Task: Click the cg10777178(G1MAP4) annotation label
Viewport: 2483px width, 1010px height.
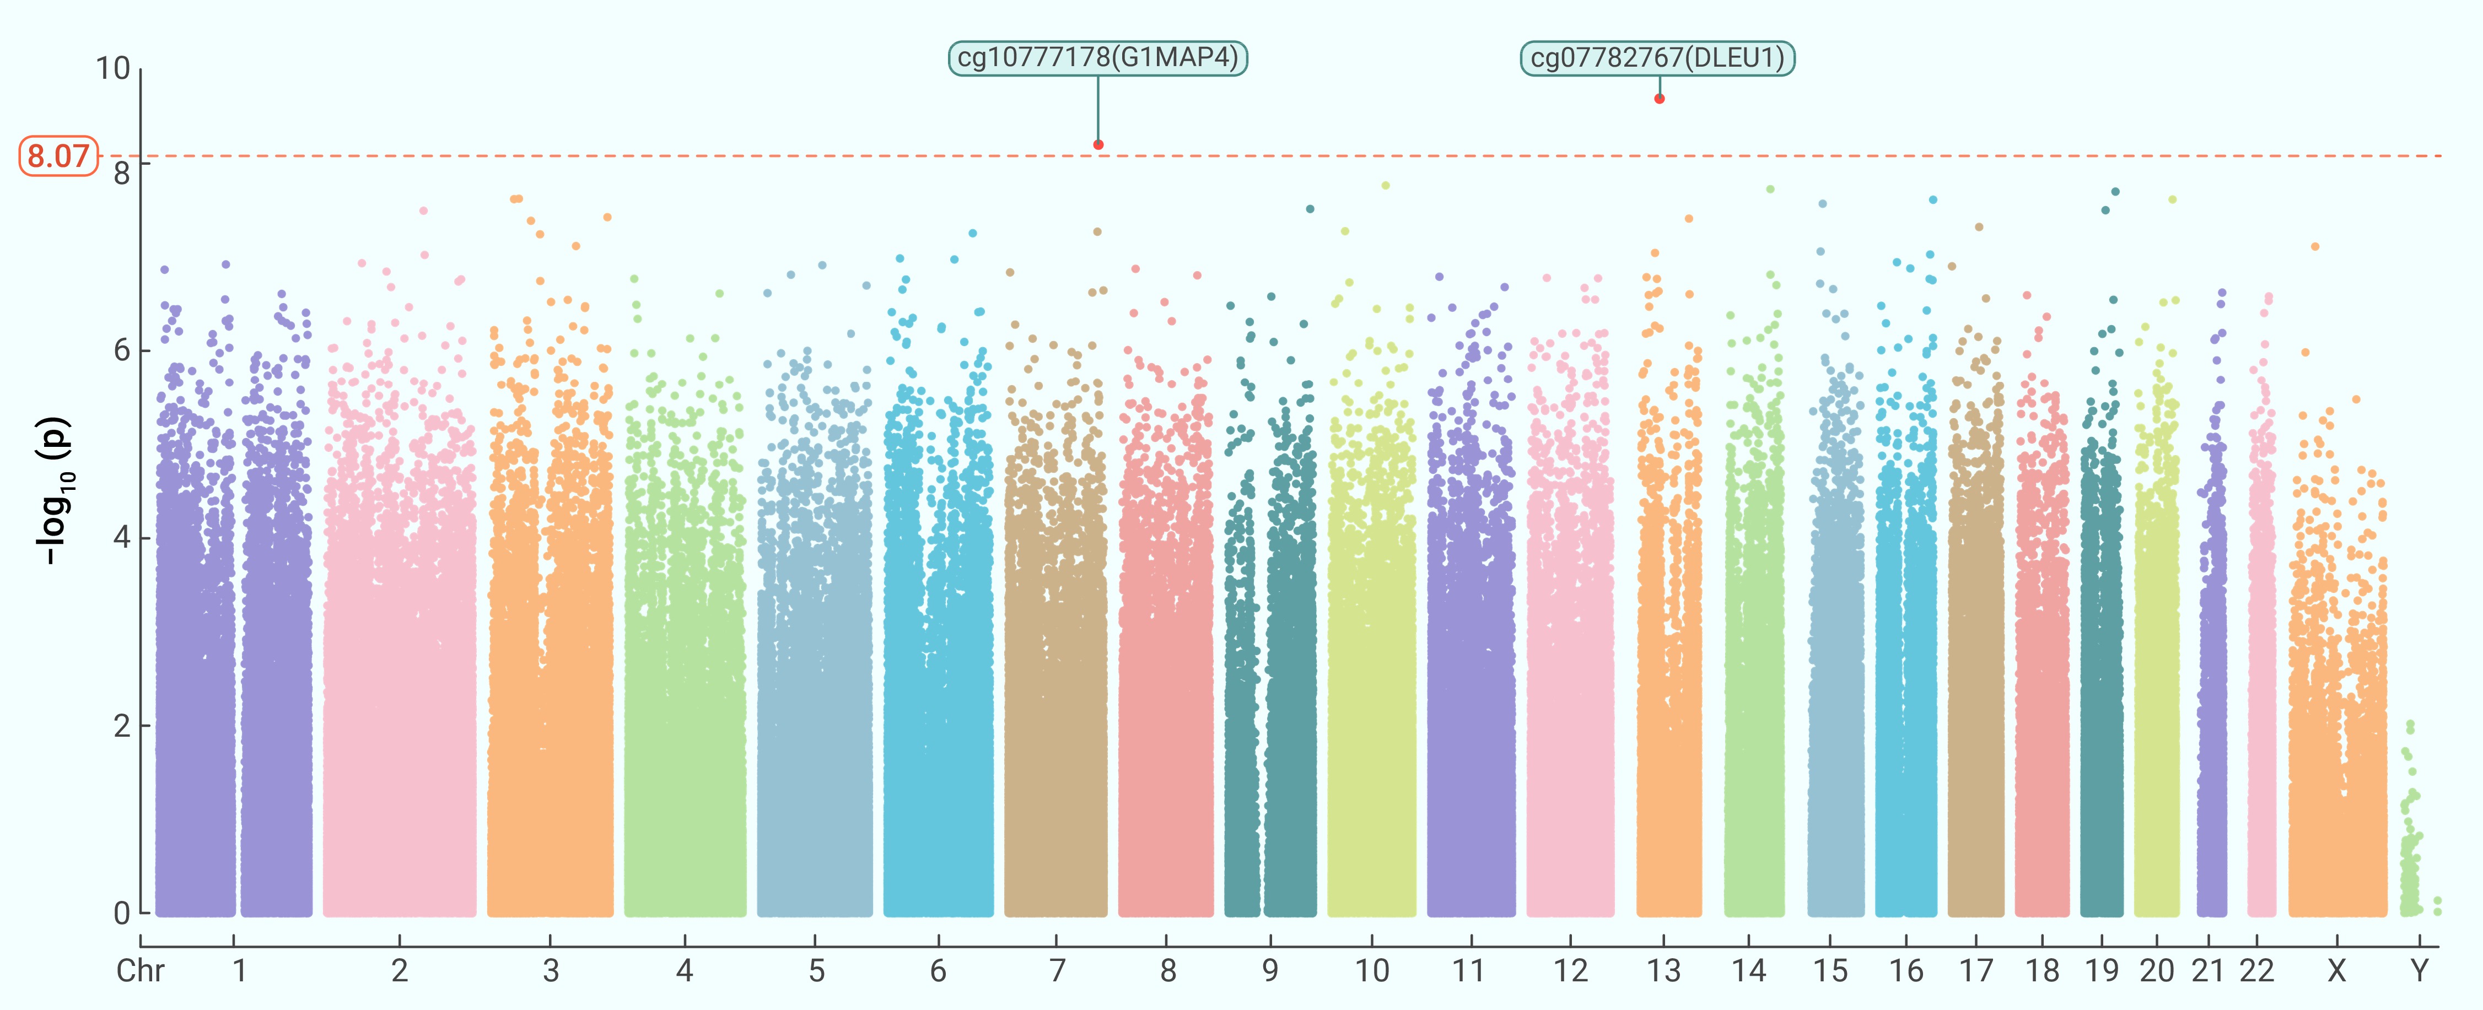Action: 1098,58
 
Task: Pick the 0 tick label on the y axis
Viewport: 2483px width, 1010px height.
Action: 121,912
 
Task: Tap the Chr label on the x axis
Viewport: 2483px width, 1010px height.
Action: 141,970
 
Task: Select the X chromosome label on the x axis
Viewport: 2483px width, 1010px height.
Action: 2336,970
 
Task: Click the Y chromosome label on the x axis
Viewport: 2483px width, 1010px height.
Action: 2420,970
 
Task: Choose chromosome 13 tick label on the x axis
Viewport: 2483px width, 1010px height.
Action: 1663,970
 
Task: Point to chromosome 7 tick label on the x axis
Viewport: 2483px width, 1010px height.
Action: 1057,970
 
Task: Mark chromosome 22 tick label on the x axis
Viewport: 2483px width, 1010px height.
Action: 2256,970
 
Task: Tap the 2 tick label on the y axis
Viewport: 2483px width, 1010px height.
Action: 121,726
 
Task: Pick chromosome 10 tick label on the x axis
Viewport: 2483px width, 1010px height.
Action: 1372,970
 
